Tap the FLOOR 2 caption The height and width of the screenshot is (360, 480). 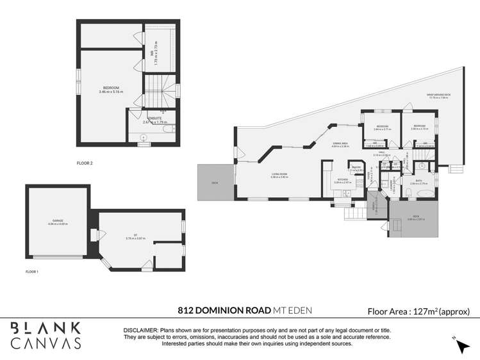click(x=84, y=163)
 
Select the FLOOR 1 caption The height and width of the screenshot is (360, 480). click(x=32, y=272)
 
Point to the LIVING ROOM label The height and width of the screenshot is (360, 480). click(x=279, y=176)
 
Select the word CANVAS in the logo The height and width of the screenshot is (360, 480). click(x=46, y=343)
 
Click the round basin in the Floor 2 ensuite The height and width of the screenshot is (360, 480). click(x=143, y=137)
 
